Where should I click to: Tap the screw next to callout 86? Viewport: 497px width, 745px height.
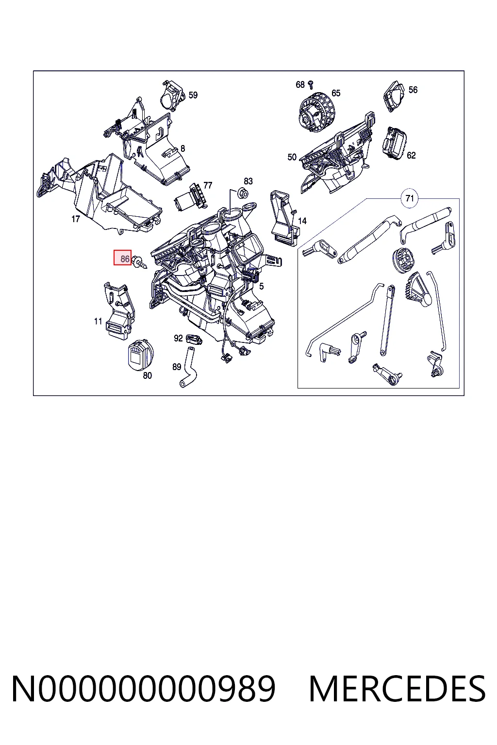click(139, 262)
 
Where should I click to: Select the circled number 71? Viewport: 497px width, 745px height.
click(410, 198)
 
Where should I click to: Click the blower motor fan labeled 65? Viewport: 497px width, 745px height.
click(317, 113)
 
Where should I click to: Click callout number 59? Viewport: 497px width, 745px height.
click(193, 95)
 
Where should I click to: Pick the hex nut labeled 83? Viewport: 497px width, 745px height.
click(243, 193)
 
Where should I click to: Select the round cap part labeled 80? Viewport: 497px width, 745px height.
click(140, 355)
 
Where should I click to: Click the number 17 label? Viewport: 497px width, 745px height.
click(76, 219)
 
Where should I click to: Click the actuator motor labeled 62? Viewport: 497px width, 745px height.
click(395, 144)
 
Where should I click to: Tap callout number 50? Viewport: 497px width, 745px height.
click(292, 157)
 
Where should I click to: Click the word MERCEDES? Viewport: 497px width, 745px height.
click(397, 689)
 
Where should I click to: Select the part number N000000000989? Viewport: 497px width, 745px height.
click(144, 689)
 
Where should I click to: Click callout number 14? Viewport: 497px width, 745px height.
click(302, 221)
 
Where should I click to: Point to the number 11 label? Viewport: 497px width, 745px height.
click(98, 321)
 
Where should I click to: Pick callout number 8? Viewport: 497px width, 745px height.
click(182, 148)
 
